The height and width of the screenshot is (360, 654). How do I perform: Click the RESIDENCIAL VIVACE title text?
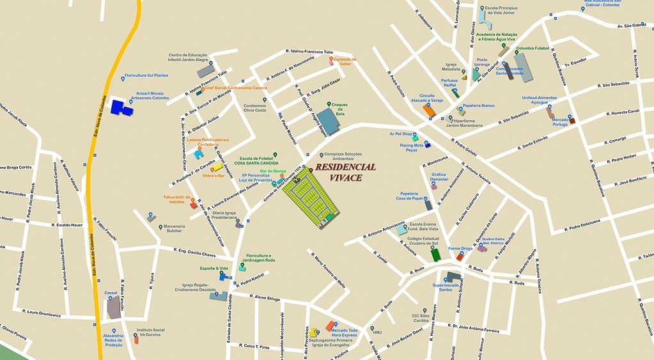345,172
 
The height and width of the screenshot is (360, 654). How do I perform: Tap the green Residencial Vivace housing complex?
309,198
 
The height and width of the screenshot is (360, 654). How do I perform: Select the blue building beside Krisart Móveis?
121,108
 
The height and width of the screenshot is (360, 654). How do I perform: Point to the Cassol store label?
111,293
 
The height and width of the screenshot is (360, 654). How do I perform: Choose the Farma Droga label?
460,249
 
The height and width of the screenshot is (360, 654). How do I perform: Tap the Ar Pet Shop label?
401,134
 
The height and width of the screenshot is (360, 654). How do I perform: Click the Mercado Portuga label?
560,121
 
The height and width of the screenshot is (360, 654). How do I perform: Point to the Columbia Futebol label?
533,49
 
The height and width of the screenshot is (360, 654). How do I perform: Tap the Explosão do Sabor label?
345,61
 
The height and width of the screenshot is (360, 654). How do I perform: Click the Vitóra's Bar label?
212,175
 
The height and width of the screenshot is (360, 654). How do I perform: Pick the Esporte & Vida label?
214,269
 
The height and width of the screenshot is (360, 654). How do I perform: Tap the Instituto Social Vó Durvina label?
150,333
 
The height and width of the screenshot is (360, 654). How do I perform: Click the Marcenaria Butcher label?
173,228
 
